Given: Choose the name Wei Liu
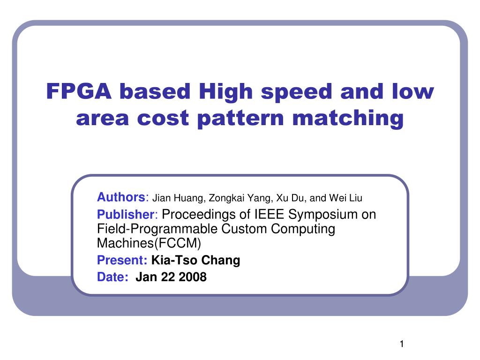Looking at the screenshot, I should pos(346,198).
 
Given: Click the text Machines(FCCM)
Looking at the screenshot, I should pos(149,243).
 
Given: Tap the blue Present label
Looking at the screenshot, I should pos(122,261).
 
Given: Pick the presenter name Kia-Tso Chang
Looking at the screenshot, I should pos(195,261).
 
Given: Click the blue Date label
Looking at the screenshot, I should pos(112,277).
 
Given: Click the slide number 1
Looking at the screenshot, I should pos(402,345).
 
